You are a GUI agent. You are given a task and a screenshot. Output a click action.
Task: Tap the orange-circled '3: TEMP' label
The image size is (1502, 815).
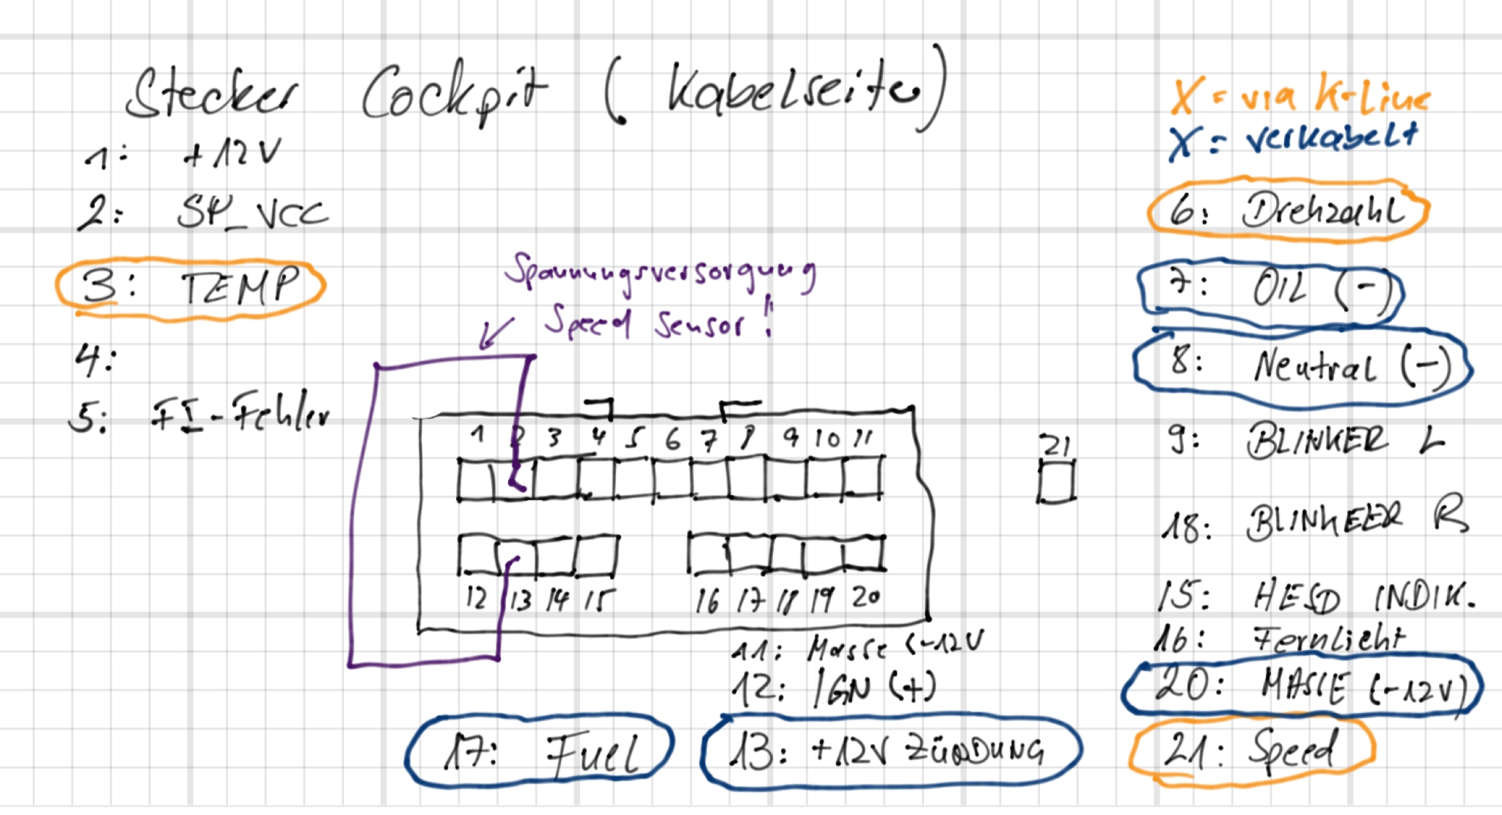coord(191,288)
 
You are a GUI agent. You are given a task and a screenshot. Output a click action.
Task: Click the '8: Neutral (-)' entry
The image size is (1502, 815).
coord(1302,365)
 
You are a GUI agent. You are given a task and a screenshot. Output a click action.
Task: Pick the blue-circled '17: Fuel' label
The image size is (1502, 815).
coord(540,752)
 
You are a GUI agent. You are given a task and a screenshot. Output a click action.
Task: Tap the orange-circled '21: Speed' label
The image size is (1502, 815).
coord(1250,751)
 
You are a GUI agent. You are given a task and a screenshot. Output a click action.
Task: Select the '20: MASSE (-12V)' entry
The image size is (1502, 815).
coord(1302,687)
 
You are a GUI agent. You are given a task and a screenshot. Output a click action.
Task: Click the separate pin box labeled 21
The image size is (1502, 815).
coord(1056,483)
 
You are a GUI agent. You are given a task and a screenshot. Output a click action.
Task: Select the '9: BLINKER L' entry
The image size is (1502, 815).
coord(1305,441)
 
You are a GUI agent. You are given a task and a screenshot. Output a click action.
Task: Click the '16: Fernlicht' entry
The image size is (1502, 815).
coord(1280,638)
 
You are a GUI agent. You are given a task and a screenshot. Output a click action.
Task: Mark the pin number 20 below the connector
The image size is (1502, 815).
coord(866,598)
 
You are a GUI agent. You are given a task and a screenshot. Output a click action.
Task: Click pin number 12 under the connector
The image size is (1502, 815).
coord(476,598)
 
